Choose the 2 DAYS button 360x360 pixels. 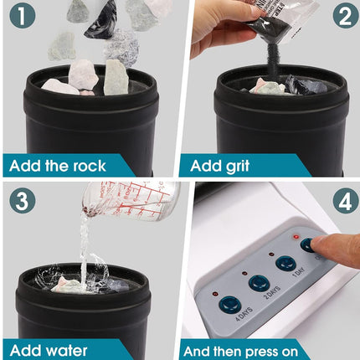(259, 283)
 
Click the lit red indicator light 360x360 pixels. (295, 237)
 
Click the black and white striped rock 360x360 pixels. (101, 18)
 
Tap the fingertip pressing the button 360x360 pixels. (332, 248)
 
